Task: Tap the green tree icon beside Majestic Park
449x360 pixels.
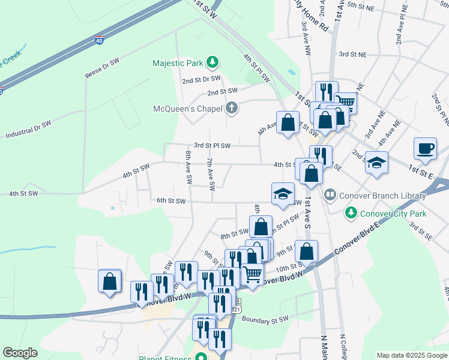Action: (x=212, y=62)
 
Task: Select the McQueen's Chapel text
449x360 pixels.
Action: (x=186, y=109)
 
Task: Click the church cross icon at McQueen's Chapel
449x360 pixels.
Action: (x=231, y=109)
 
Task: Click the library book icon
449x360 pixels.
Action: (x=330, y=195)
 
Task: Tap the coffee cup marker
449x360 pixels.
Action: (x=425, y=148)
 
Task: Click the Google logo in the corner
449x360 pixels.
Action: (x=20, y=353)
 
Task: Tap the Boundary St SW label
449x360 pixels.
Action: (x=265, y=319)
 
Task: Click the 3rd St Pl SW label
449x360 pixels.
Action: (x=216, y=145)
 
